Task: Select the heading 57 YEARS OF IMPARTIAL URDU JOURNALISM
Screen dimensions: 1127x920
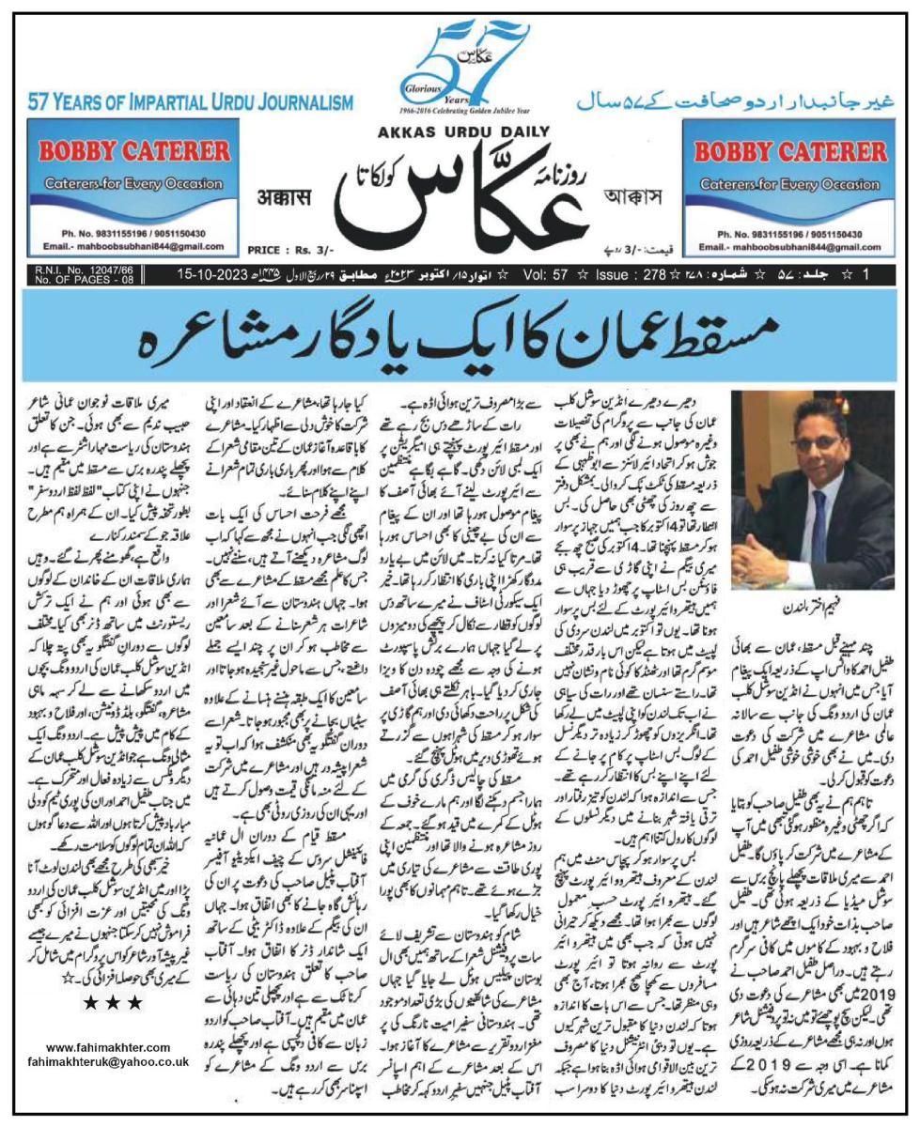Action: (191, 101)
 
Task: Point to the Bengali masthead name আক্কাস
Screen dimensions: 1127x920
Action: (641, 198)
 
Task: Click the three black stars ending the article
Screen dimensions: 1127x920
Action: (113, 1004)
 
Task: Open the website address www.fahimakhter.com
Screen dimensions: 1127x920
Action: (107, 1047)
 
